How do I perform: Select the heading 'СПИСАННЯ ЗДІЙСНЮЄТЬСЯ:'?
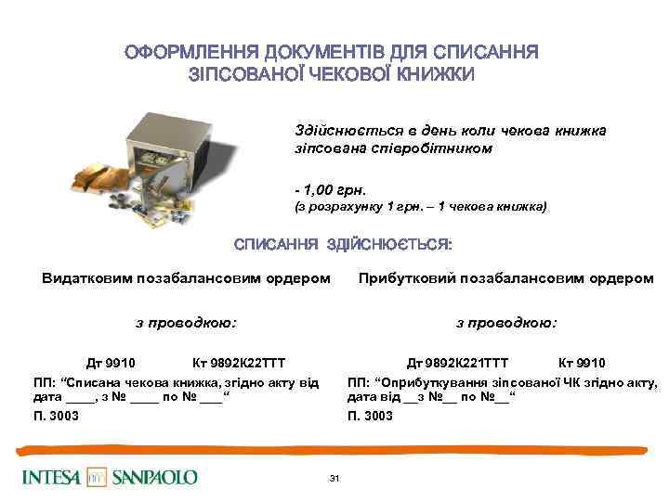343,245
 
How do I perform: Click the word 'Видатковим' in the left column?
87,277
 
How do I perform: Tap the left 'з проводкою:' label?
186,323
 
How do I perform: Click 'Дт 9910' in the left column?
110,363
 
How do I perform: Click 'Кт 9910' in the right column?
582,363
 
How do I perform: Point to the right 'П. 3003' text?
370,416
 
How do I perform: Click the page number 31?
334,478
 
